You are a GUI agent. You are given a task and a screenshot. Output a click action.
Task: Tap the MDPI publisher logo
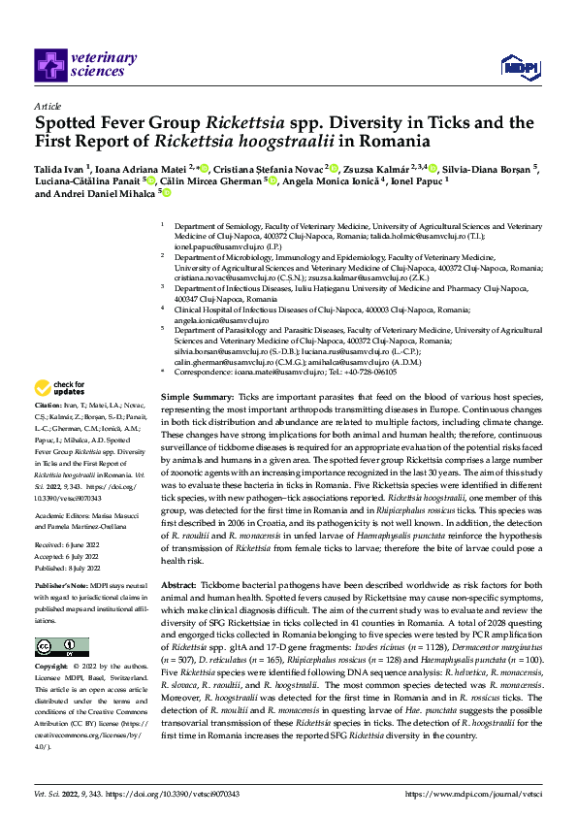coord(515,65)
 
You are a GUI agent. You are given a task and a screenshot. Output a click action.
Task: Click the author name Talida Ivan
coord(61,168)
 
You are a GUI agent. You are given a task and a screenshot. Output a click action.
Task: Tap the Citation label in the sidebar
coord(48,431)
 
